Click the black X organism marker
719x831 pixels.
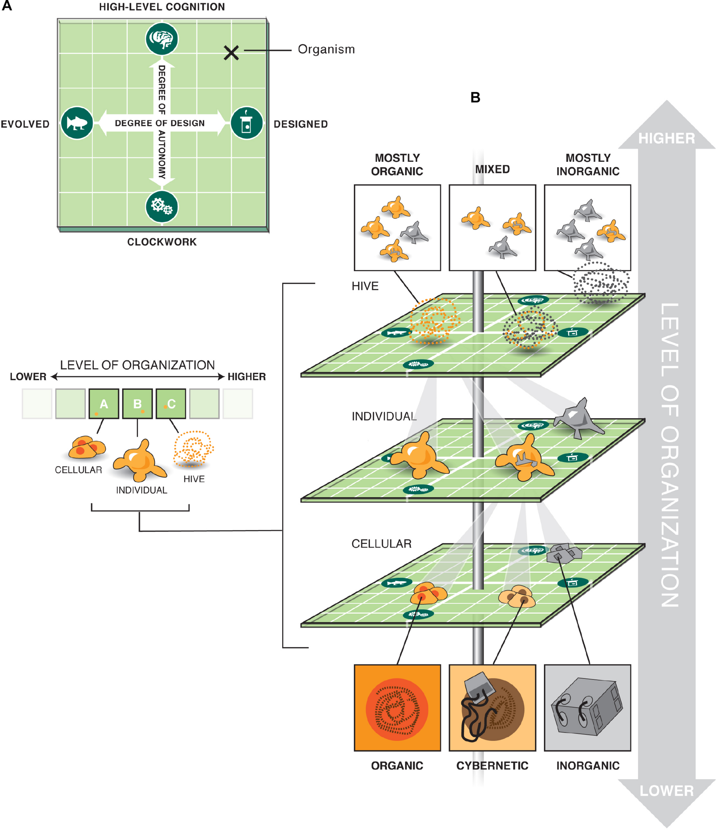[x=231, y=53]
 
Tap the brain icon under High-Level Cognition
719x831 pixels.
[x=161, y=39]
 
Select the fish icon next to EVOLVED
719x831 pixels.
[x=77, y=123]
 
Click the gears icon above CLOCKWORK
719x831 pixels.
[x=161, y=206]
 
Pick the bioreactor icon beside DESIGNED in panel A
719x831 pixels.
[x=247, y=123]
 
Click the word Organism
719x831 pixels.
[x=326, y=49]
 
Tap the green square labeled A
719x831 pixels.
[x=103, y=404]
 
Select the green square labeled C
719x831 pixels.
[x=171, y=404]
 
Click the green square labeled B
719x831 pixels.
[x=137, y=404]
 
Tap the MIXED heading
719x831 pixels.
[x=492, y=169]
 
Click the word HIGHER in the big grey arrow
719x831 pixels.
[x=666, y=138]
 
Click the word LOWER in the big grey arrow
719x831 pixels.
[x=666, y=791]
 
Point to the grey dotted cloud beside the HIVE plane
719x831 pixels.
[x=601, y=283]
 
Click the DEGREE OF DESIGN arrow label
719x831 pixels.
[x=160, y=123]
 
